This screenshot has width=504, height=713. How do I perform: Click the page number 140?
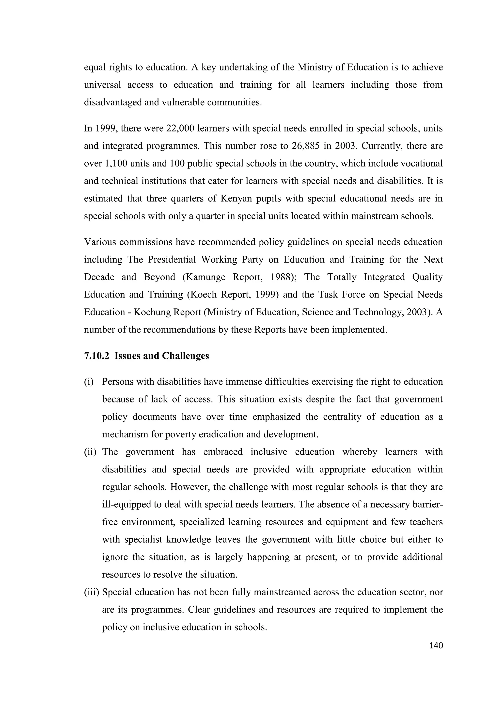(436, 646)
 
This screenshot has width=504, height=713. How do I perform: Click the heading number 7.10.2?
(96, 356)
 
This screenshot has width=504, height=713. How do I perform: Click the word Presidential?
(172, 260)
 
